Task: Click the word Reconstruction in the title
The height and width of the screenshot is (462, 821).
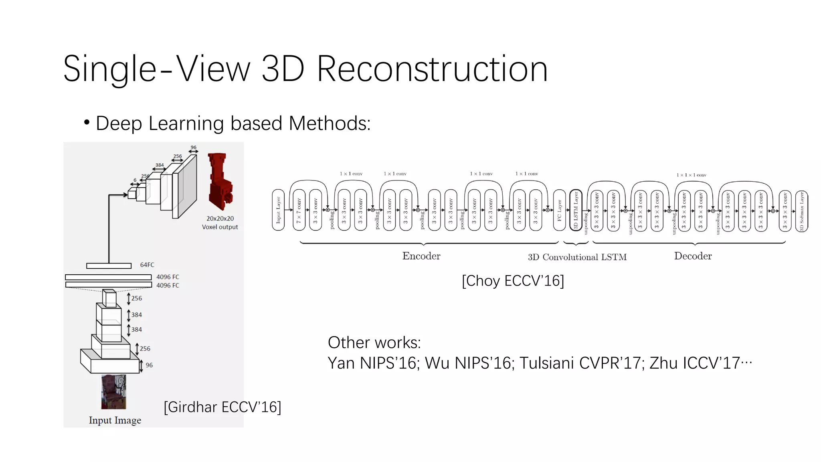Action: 432,69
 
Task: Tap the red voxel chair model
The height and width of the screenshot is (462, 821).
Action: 220,181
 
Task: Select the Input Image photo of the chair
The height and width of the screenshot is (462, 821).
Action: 113,392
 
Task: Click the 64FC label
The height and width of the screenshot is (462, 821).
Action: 147,265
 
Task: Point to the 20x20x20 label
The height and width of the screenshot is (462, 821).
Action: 220,219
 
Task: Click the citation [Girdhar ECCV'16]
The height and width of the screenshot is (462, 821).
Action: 222,407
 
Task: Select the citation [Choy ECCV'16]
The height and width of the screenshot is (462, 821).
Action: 513,281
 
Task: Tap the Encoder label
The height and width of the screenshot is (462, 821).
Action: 421,256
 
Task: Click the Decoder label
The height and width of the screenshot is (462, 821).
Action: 693,256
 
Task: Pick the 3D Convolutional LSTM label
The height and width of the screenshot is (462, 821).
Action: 577,257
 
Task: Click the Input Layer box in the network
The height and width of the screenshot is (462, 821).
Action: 278,210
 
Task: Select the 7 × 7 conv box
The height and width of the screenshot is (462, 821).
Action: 299,210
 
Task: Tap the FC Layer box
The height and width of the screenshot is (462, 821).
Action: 559,210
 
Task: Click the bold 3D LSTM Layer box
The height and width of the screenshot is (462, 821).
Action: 576,210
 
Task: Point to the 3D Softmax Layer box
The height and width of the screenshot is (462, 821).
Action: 802,211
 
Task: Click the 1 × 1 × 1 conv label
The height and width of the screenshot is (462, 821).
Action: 691,175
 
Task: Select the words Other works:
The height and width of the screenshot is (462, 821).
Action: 374,343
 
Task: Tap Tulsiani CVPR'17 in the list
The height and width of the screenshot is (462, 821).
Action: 582,363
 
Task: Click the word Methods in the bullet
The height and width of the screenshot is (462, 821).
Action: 329,124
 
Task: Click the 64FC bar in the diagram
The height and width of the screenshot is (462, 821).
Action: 109,266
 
